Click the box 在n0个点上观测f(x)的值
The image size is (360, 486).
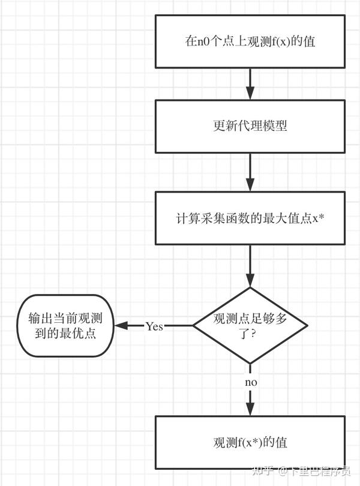(x=250, y=41)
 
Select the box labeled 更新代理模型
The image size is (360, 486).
(x=250, y=126)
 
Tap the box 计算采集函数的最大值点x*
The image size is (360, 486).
(x=250, y=218)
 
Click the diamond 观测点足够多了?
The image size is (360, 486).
(x=250, y=326)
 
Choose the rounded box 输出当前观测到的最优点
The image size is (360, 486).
(x=64, y=326)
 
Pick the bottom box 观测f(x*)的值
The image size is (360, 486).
(x=250, y=442)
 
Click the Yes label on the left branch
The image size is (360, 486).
(x=154, y=326)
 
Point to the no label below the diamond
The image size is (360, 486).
(x=251, y=382)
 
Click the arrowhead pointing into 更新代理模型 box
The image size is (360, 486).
(x=250, y=93)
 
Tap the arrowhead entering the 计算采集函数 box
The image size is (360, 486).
(x=250, y=185)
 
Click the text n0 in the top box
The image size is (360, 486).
(x=203, y=42)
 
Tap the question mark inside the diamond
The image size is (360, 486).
(x=254, y=334)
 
